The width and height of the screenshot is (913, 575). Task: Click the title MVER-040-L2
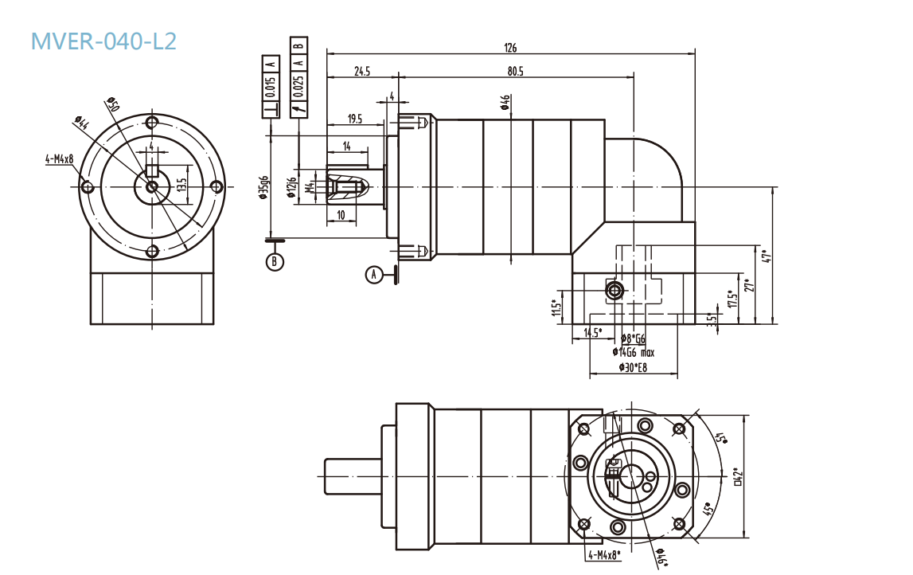coord(103,41)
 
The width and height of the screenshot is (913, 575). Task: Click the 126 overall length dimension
coord(509,48)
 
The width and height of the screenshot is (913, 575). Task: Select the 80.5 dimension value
coord(515,72)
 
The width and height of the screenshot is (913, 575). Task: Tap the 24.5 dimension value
coord(362,72)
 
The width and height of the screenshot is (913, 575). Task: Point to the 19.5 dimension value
coord(355,119)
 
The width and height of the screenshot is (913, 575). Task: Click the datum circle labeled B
coord(275,261)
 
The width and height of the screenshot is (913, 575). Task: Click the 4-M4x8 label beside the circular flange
coord(59,159)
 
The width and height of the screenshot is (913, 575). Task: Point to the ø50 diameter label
coord(111,105)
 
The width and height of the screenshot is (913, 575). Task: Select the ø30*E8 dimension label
coord(633,367)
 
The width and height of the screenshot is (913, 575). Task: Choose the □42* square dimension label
coord(738,475)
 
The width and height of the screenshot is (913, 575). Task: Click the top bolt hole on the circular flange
coord(152,123)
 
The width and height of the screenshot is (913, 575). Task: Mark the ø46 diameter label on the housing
coord(505,103)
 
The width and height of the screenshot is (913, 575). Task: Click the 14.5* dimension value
coord(593,332)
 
